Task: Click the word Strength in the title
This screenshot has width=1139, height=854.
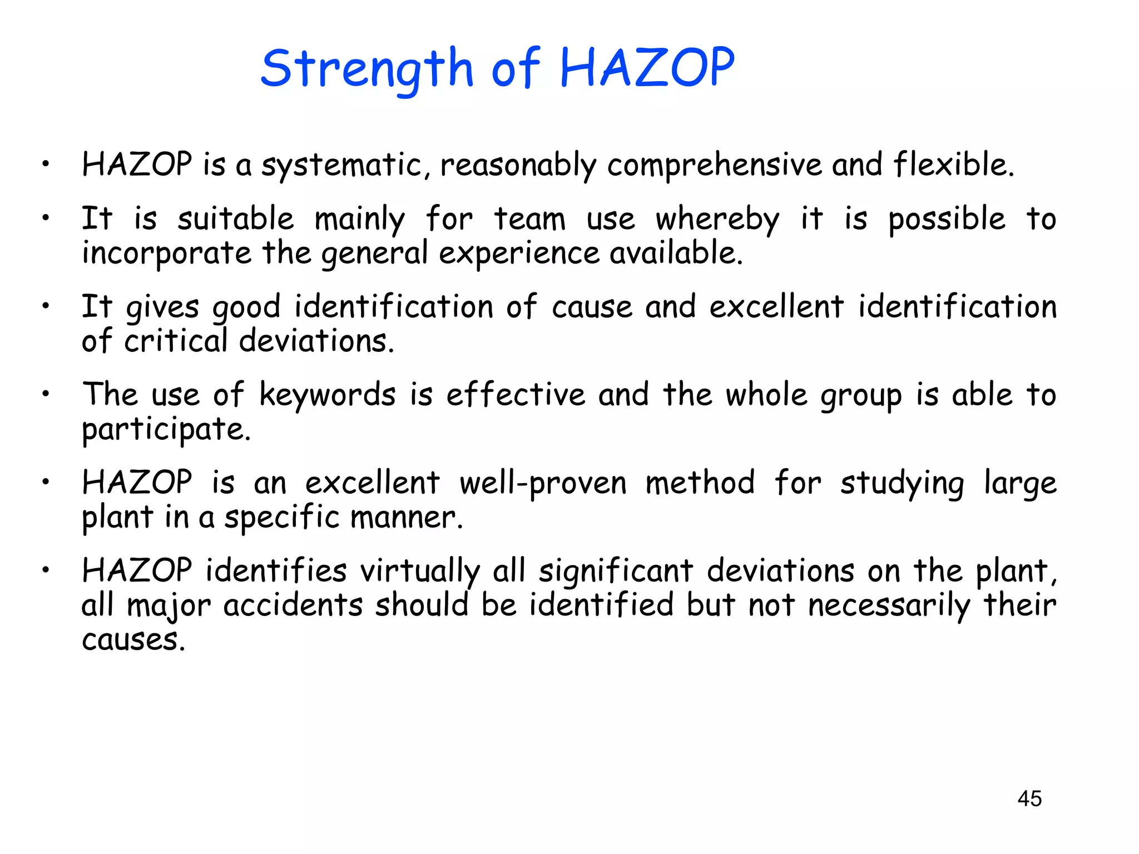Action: tap(367, 69)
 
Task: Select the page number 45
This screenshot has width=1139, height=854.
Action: tap(1029, 798)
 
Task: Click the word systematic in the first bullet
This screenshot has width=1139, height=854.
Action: tap(346, 166)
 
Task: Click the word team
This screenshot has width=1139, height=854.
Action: tap(529, 219)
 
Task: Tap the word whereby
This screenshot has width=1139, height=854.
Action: tap(717, 220)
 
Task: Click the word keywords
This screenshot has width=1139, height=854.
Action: tap(328, 395)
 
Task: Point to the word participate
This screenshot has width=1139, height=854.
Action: tap(166, 430)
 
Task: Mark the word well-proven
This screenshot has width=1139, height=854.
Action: tap(543, 483)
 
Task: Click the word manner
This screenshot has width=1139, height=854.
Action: tap(406, 518)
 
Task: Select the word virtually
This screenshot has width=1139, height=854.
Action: tap(420, 572)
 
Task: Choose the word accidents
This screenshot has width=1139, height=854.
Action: tap(293, 605)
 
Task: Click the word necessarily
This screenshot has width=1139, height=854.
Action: tap(889, 606)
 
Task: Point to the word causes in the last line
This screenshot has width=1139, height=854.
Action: tap(133, 640)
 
